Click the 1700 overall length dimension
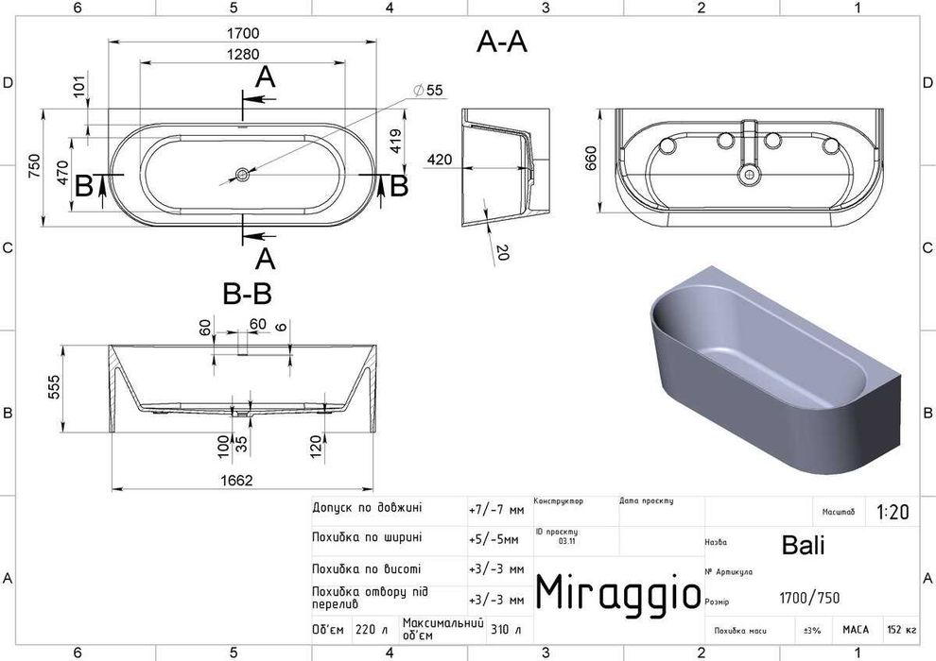coord(243,34)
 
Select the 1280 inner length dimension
coord(243,55)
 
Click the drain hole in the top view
coord(243,174)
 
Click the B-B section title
coord(247,296)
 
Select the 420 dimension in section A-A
coord(437,161)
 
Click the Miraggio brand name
coord(618,592)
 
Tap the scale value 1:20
coord(892,512)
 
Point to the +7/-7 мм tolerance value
coord(496,510)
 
